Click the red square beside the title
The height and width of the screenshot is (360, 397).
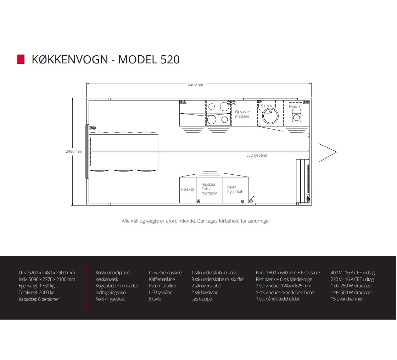coord(21,59)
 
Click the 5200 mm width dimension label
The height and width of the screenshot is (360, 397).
coord(196,84)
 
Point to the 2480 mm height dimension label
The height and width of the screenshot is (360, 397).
coord(74,151)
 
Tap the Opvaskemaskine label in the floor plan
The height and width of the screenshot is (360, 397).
coord(242,114)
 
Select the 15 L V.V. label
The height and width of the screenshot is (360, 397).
coord(265,106)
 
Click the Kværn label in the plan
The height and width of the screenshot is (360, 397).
coord(295,106)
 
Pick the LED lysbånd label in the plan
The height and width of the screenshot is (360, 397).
coord(257,155)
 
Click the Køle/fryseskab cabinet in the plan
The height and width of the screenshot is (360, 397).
coord(235,190)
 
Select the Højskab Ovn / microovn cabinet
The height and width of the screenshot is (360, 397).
coord(209,189)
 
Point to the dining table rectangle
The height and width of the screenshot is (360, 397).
coord(124,151)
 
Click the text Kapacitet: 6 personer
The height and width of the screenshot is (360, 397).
coord(39,299)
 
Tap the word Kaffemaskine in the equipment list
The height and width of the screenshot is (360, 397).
coord(162,279)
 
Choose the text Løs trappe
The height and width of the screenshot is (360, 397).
coord(202,299)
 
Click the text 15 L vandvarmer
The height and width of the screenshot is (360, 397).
coord(347,299)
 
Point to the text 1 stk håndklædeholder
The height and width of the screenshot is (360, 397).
coord(278,299)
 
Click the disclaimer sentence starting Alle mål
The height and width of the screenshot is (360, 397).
coord(196,221)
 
